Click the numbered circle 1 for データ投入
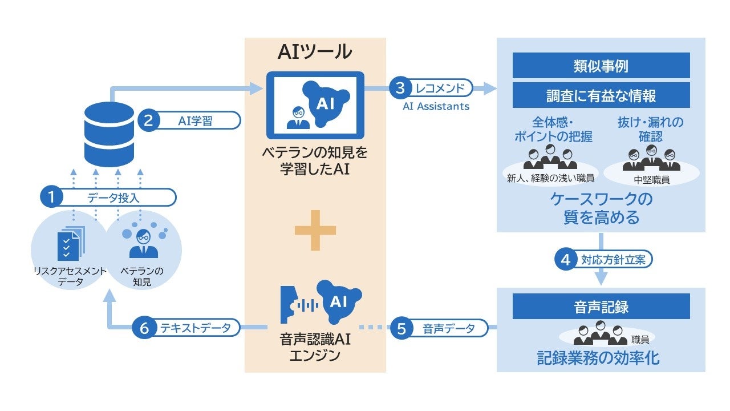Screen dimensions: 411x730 coord(51,198)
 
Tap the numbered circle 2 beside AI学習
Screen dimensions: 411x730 coord(148,121)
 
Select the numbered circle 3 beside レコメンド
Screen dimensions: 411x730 coord(400,88)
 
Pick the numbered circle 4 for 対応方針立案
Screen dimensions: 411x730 coord(566,260)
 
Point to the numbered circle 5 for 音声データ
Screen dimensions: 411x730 coord(401,328)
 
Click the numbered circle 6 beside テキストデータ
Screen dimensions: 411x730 coord(144,328)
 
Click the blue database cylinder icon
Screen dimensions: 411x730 coord(108,133)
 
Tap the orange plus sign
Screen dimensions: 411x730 coord(315,229)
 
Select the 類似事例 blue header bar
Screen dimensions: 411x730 coord(601,66)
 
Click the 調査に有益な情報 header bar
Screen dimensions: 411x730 coord(601,95)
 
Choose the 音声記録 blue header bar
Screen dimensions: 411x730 coord(601,307)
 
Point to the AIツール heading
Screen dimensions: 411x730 coord(315,52)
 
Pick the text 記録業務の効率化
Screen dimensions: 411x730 coord(599,358)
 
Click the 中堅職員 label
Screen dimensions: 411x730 coord(651,179)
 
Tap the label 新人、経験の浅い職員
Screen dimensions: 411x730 coord(550,178)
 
